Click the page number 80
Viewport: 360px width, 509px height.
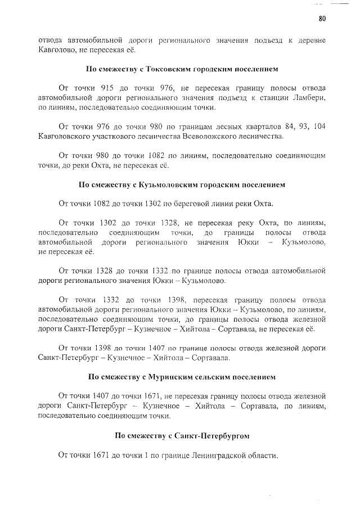[x=322, y=19]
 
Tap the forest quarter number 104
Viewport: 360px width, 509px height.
[x=317, y=127]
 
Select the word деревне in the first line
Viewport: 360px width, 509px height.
[x=308, y=40]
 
